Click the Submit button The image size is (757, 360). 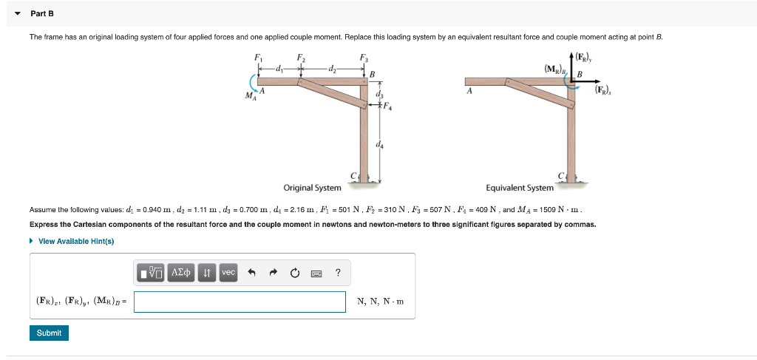point(49,333)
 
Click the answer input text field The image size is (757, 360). point(240,302)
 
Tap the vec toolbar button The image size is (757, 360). point(228,273)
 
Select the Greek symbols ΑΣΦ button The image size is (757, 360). point(181,273)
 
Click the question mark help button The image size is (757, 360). point(338,273)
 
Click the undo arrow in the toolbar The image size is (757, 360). point(251,273)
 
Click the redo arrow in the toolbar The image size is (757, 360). point(273,273)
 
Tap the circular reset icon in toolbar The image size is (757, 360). point(295,273)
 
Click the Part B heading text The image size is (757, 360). point(42,13)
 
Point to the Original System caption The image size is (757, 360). point(312,188)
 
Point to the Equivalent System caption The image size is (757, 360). point(519,188)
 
